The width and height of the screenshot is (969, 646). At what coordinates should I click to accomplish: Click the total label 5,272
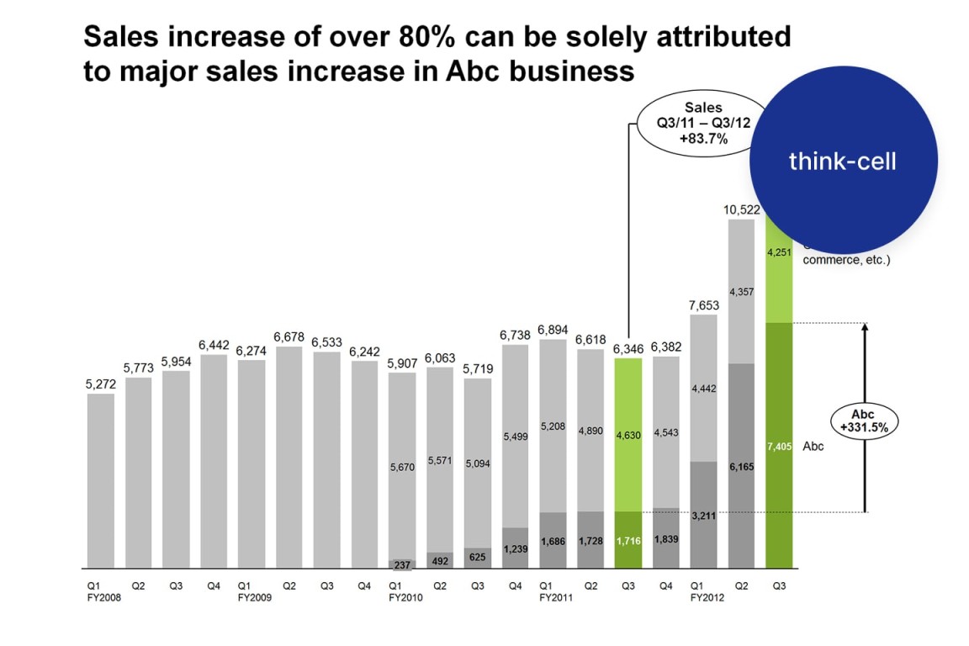(x=101, y=384)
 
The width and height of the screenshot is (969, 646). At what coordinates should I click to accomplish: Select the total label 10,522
(x=740, y=209)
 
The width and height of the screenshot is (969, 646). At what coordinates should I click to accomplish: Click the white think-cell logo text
(x=842, y=161)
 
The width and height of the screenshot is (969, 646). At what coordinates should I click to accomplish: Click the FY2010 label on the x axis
(x=405, y=598)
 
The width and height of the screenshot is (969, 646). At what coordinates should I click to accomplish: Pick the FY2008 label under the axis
(x=103, y=598)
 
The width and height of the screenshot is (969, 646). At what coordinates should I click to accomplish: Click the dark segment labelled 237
(x=402, y=564)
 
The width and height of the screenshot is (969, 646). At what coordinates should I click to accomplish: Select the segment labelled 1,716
(x=628, y=540)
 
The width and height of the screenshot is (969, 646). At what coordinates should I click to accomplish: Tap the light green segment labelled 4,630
(x=628, y=435)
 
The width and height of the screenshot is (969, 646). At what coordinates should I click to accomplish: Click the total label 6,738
(x=515, y=334)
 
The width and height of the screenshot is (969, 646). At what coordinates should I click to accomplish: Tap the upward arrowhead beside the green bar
(x=865, y=329)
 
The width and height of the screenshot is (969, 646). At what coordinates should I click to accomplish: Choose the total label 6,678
(x=289, y=336)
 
